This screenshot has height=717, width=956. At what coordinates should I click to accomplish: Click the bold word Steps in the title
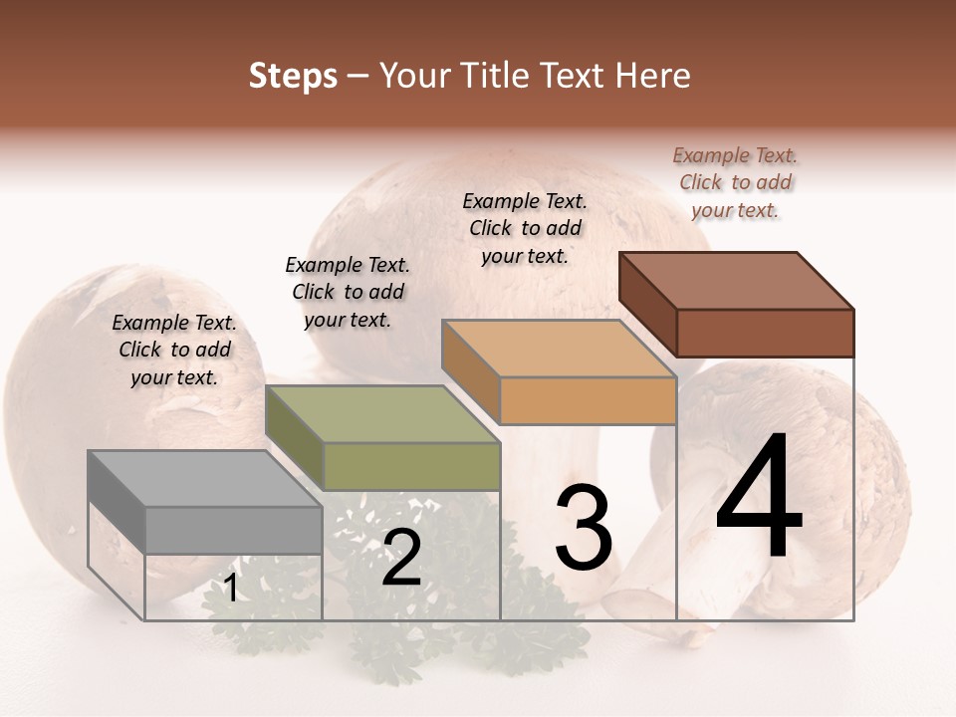pos(293,76)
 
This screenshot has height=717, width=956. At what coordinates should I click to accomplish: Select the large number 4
pos(759,498)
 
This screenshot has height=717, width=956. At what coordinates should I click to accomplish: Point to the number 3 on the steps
pos(584,527)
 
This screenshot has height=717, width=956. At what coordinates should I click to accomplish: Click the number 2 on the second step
pos(401,559)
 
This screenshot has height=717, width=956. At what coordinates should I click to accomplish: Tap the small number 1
pos(231,589)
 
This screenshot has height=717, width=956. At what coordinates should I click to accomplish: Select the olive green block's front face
pos(411,466)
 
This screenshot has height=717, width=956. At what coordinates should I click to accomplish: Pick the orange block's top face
pos(559,348)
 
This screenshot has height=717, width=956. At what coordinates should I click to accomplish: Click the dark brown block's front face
pos(765,332)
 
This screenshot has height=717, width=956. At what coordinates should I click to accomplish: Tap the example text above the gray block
pos(174,350)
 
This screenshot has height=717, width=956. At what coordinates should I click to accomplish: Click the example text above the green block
pos(348,292)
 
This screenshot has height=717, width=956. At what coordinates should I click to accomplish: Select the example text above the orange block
pos(525,228)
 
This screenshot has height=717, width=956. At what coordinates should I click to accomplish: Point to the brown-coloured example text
pos(735,182)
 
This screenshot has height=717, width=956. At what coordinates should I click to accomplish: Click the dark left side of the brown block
pos(647,304)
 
